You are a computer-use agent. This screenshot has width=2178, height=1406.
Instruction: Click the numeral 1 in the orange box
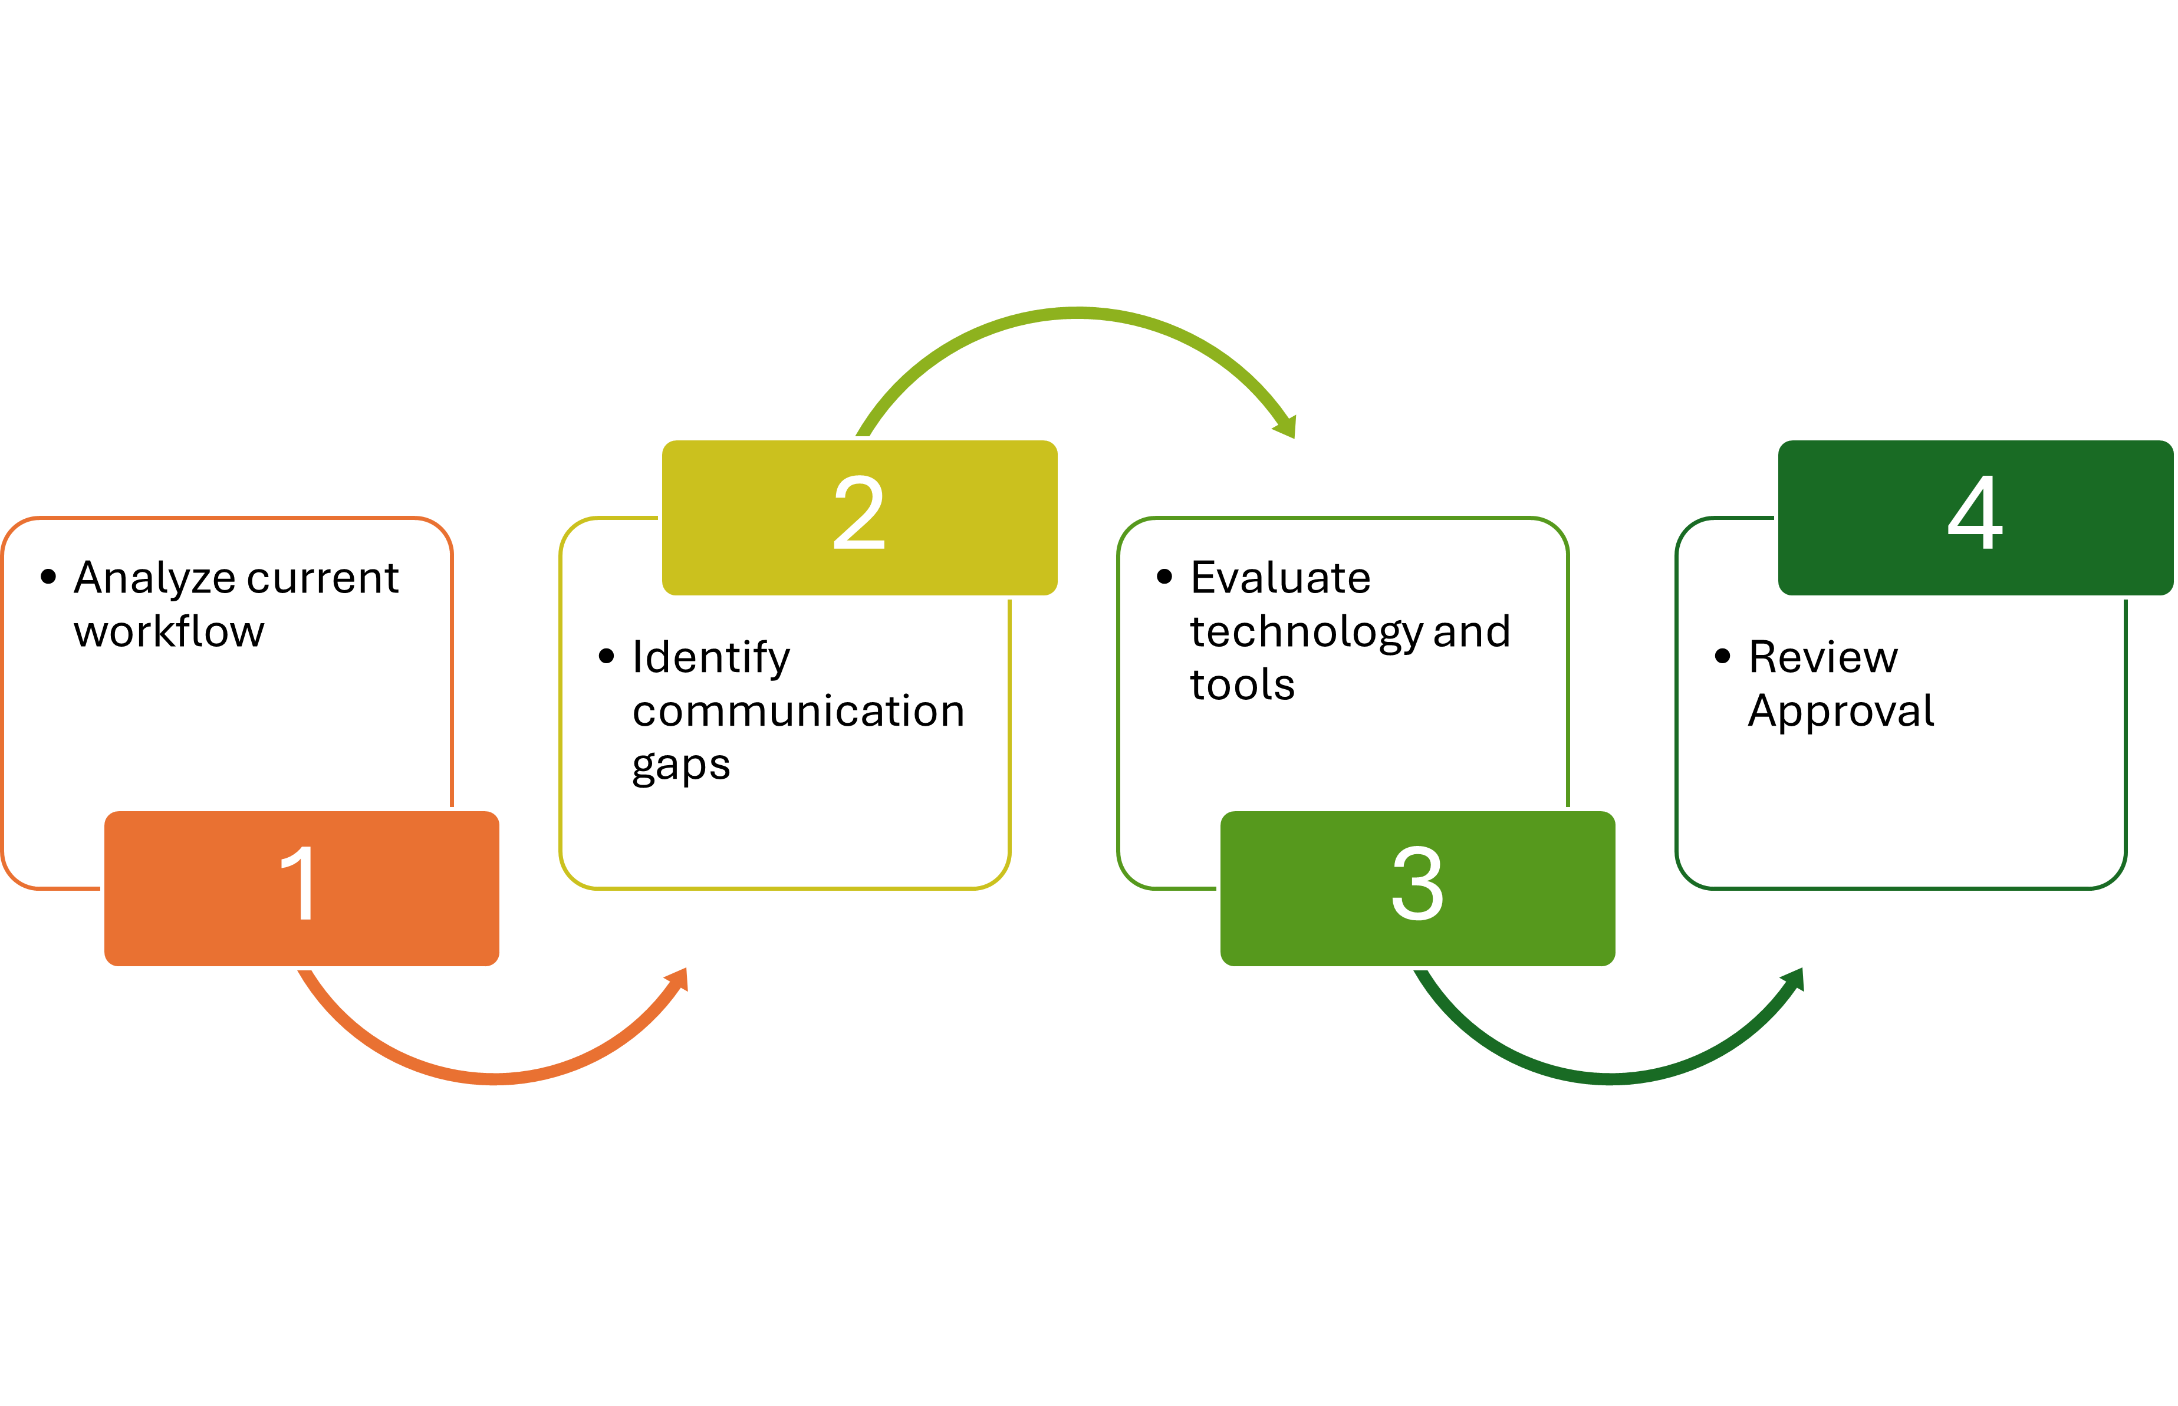click(x=298, y=883)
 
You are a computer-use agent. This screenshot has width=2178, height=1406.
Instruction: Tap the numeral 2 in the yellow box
click(x=859, y=512)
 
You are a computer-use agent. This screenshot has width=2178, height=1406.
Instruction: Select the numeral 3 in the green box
click(x=1417, y=883)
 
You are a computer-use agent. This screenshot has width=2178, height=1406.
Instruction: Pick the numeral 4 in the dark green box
click(x=1975, y=512)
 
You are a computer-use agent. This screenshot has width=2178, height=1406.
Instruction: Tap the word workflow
click(x=169, y=632)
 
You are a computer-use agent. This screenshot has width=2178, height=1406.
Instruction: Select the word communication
click(x=798, y=711)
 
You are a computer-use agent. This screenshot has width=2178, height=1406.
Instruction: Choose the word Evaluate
click(x=1280, y=578)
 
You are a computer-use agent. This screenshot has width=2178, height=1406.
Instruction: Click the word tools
click(x=1242, y=685)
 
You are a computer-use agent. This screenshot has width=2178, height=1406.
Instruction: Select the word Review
click(x=1822, y=657)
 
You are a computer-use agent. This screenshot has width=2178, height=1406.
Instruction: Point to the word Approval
click(x=1840, y=711)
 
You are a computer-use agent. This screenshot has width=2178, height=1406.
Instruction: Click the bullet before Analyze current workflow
click(x=48, y=576)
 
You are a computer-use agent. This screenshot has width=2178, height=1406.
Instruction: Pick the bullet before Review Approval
click(x=1722, y=657)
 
